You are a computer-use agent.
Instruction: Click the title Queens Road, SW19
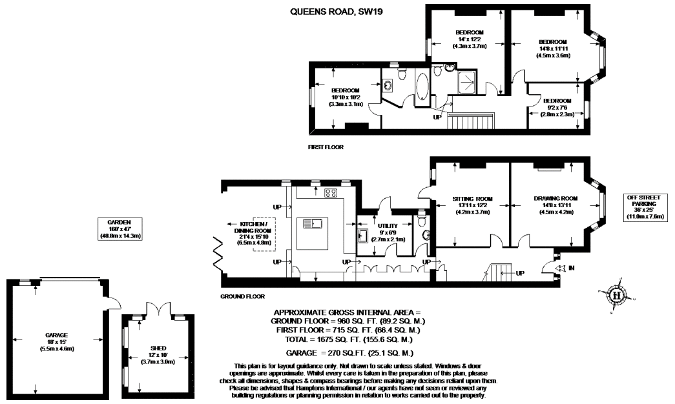(337, 12)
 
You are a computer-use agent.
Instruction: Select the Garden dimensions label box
(119, 229)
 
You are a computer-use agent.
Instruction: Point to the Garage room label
(56, 341)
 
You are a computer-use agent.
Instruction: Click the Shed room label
(158, 355)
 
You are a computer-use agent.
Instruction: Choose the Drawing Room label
(556, 205)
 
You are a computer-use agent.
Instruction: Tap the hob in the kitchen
(331, 193)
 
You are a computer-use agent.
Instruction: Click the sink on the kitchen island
(313, 224)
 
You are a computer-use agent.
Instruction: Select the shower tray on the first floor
(467, 82)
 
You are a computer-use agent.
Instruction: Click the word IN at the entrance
(571, 268)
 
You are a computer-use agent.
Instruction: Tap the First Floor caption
(326, 147)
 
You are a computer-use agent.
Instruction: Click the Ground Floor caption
(242, 296)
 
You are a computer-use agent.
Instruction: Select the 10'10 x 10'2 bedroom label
(345, 97)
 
